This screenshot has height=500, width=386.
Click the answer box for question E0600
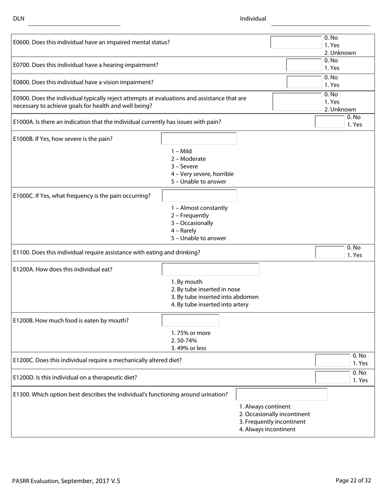coord(296,42)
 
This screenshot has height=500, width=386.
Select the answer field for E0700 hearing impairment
coord(304,65)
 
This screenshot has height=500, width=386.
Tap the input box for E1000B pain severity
coord(199,139)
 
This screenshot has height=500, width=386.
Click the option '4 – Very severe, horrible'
coord(202,174)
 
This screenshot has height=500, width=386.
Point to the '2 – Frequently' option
coord(190,215)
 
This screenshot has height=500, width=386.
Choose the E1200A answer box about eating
coord(210,269)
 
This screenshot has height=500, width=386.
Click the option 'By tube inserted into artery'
coord(210,304)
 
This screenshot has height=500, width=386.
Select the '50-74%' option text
coord(184,340)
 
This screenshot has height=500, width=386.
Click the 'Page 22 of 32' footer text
coord(353,480)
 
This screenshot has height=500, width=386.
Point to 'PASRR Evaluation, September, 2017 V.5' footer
coord(66,481)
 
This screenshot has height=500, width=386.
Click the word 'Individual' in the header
coord(253,19)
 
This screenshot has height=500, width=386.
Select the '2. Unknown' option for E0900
coord(340,109)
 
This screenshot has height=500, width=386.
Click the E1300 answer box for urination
coord(282,394)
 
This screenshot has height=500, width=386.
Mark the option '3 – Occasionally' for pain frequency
coord(192,223)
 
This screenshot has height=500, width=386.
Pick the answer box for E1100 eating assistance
coord(331,252)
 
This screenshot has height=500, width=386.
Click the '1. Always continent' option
coord(265,407)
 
